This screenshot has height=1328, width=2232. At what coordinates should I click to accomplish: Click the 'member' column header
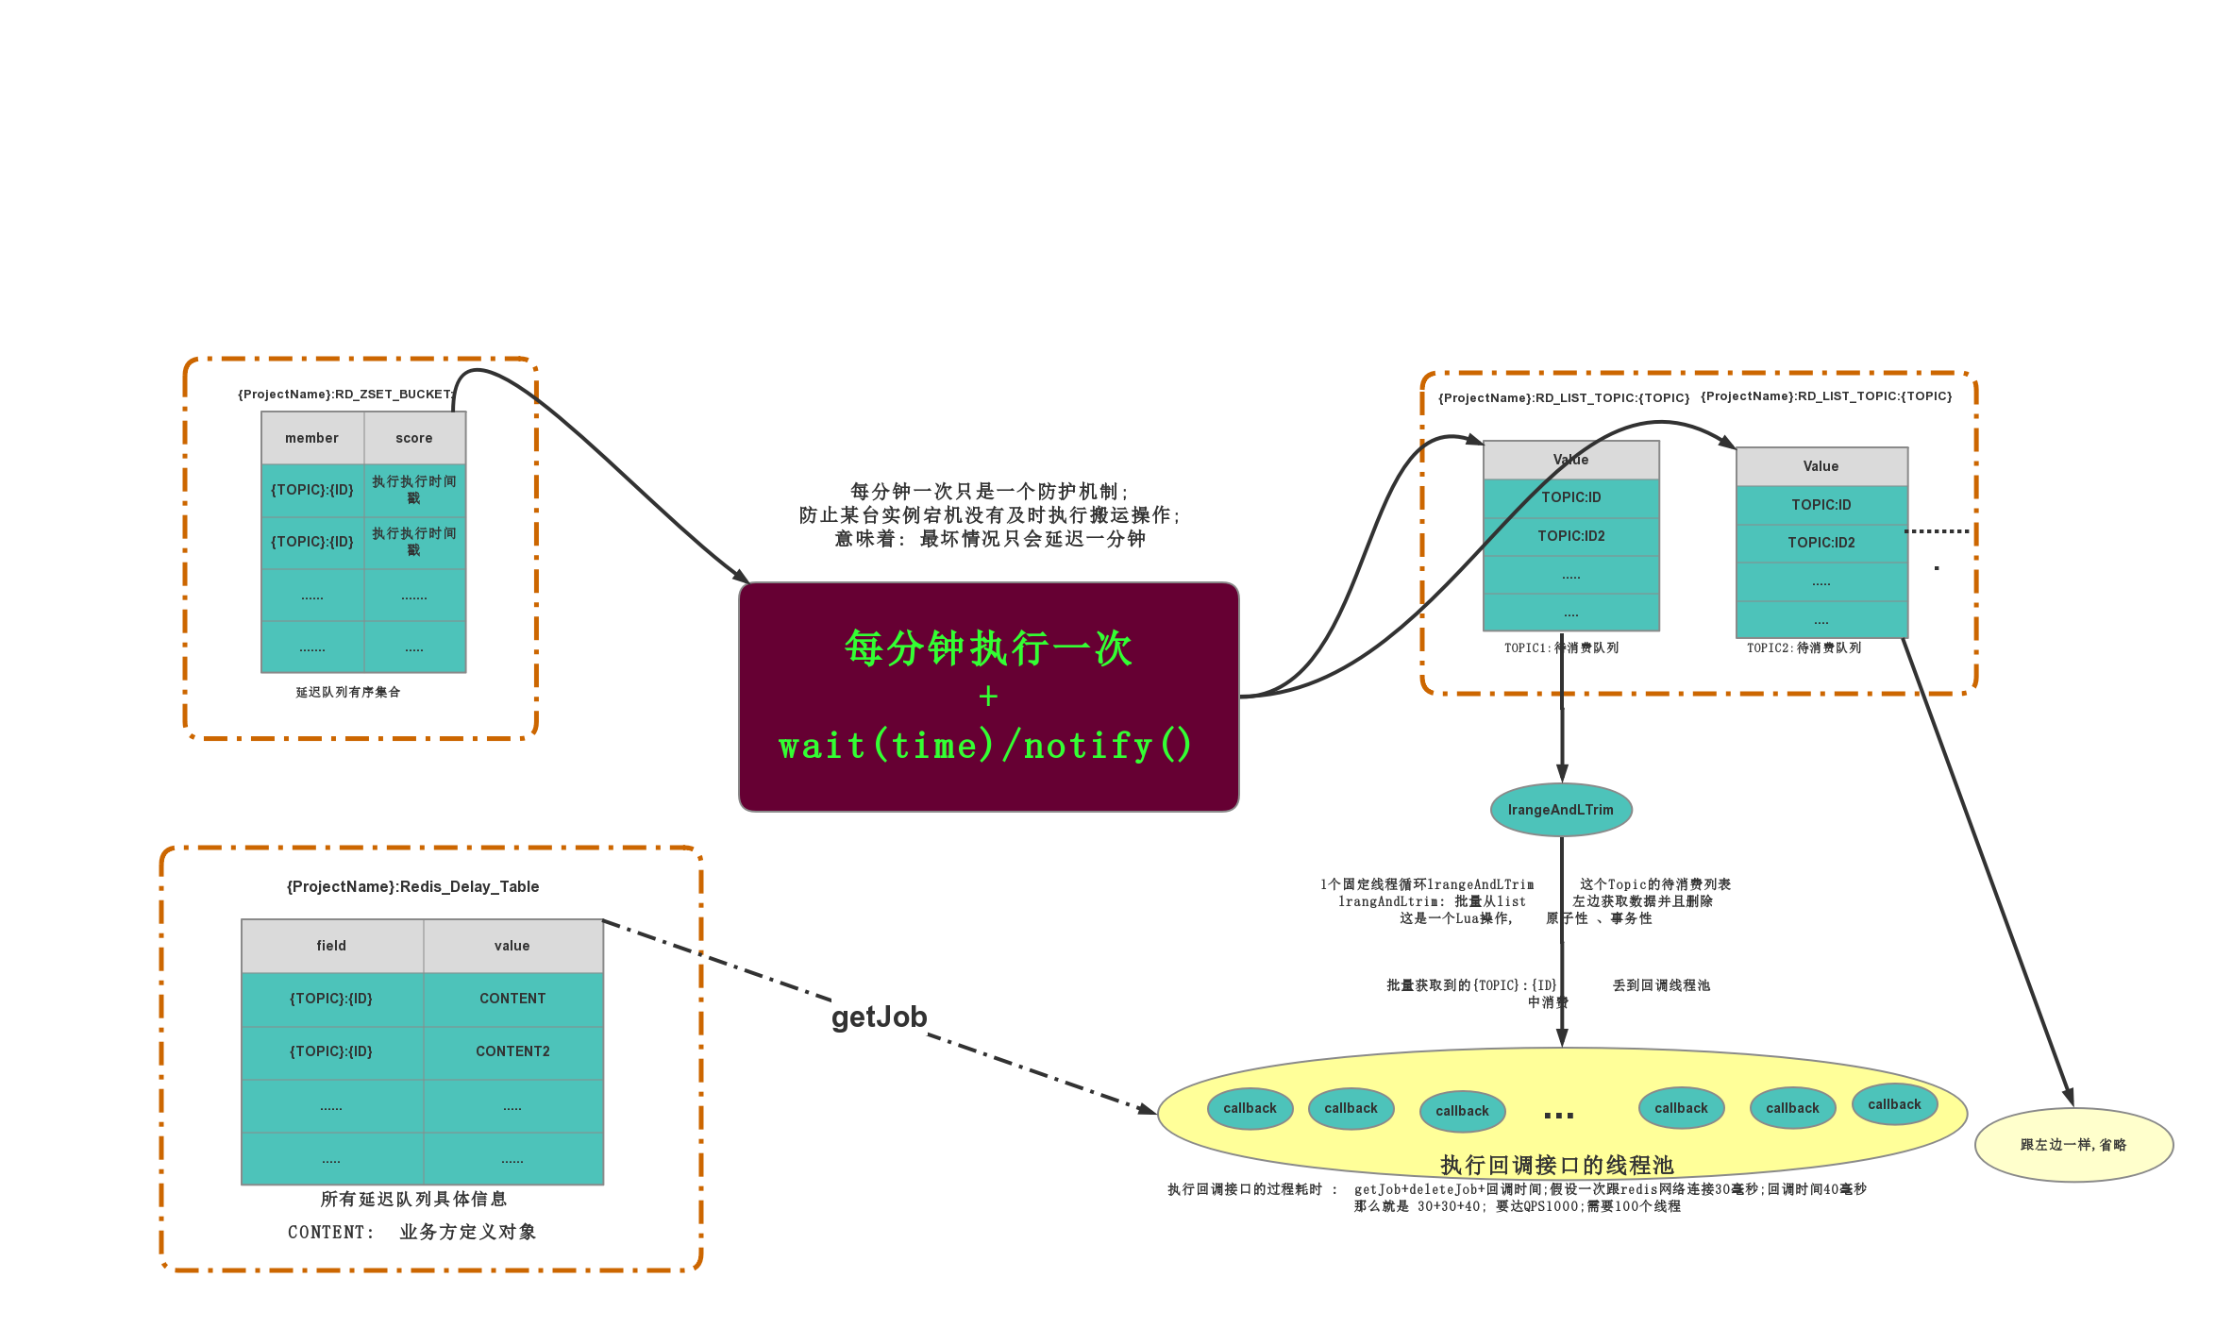point(312,438)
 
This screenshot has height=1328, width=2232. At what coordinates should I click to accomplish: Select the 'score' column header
point(414,438)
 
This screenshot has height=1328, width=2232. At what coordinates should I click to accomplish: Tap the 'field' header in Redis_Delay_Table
point(331,946)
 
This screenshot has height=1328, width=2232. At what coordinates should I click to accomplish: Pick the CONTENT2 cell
point(512,1051)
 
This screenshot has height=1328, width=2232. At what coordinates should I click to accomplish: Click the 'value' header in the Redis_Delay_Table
point(512,946)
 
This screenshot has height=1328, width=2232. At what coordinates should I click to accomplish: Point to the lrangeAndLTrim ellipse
point(1561,810)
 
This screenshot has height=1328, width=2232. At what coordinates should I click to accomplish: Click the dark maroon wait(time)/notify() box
point(988,697)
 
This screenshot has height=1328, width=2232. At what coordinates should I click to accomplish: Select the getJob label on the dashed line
point(880,1017)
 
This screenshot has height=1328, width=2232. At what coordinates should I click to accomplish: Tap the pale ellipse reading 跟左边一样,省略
point(2073,1145)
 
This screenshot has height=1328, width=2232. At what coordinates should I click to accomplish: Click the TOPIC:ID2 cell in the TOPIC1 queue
point(1571,536)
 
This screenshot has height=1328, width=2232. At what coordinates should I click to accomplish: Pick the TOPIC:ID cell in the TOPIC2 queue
point(1821,505)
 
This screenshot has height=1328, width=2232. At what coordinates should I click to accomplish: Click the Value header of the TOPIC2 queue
point(1821,466)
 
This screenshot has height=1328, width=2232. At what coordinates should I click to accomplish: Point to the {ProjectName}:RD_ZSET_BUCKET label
point(345,395)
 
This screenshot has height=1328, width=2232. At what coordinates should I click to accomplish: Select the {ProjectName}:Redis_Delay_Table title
point(413,886)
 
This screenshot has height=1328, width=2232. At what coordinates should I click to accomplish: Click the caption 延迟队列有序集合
point(348,692)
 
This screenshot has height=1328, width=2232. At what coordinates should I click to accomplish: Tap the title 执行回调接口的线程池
point(1557,1165)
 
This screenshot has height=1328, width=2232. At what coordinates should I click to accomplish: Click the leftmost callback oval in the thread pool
point(1250,1108)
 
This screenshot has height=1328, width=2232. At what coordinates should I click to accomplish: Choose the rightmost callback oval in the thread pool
point(1894,1104)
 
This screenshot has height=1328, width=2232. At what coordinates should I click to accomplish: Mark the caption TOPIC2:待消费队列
point(1804,648)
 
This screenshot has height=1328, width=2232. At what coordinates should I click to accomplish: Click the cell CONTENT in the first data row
point(512,999)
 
